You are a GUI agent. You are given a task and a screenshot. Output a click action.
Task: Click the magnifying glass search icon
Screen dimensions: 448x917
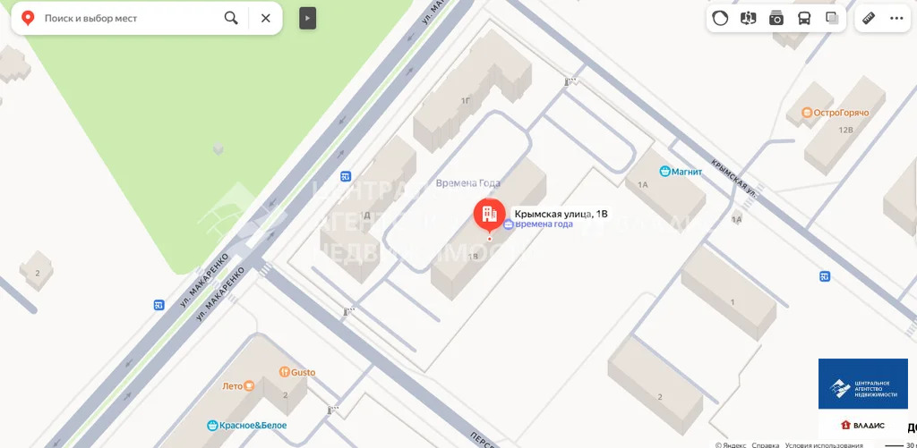(x=231, y=18)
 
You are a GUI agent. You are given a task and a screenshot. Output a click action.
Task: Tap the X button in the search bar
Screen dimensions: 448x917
(x=266, y=18)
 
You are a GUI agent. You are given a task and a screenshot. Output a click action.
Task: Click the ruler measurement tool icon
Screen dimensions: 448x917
(x=868, y=18)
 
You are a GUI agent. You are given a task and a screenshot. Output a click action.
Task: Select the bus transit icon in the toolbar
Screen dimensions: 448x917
(x=804, y=18)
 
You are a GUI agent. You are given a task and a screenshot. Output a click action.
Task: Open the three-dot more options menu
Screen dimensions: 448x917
(x=896, y=18)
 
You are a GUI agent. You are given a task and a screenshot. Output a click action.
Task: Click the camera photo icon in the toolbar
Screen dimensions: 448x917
(x=776, y=18)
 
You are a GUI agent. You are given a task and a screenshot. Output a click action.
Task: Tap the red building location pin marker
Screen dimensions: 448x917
(x=489, y=215)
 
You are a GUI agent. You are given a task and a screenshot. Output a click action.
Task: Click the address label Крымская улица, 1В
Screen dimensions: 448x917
(x=561, y=214)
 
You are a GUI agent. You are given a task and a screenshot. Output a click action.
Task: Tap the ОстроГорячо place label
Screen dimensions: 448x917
(x=840, y=113)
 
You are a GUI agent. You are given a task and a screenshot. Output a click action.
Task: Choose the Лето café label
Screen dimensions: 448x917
(x=233, y=386)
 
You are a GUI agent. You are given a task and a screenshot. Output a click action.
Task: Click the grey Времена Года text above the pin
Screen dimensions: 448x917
(x=467, y=183)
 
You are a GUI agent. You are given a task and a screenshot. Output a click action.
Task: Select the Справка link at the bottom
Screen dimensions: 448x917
(x=765, y=444)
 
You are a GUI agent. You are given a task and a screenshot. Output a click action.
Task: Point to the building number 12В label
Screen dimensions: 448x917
(x=845, y=130)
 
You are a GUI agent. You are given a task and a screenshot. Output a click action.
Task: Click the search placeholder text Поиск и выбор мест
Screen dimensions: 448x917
(x=90, y=18)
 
